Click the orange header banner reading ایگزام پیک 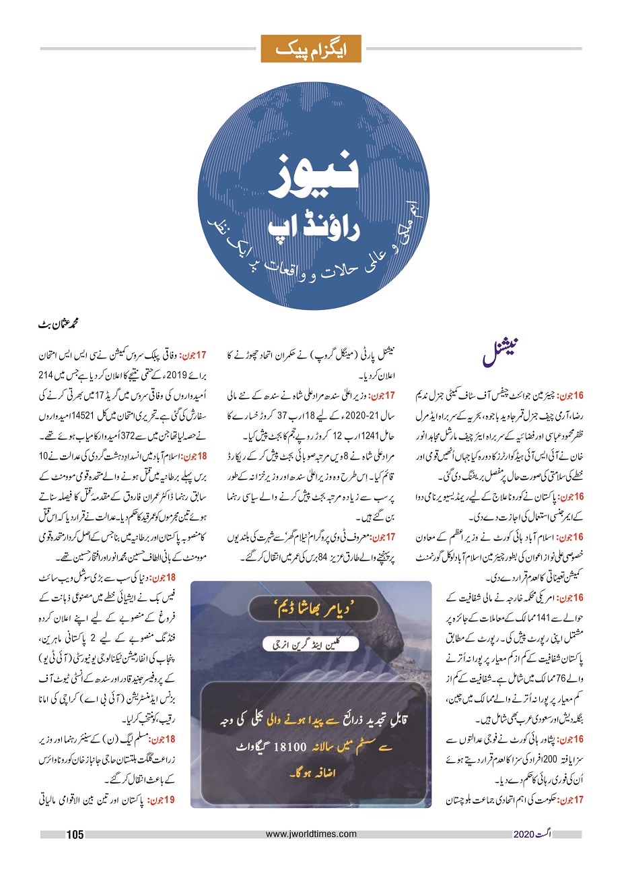coord(311,49)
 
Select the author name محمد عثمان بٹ coord(63,324)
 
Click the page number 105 coord(74,835)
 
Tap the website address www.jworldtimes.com coord(310,834)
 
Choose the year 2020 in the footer coord(524,835)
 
